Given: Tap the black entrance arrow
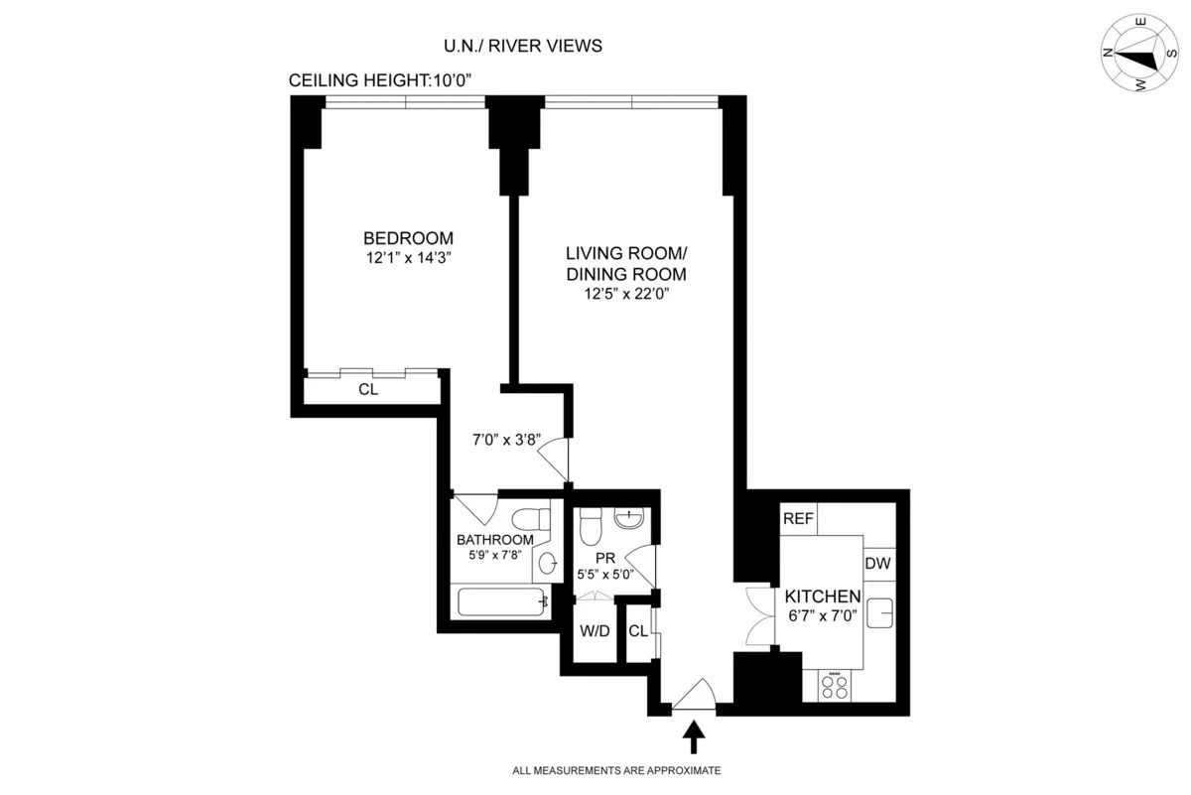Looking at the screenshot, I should [x=694, y=737].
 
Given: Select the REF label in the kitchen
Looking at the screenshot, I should [x=797, y=519].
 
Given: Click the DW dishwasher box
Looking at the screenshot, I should [x=877, y=564].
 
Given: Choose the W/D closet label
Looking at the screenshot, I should [x=594, y=631].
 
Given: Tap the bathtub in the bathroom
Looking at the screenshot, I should [x=500, y=601].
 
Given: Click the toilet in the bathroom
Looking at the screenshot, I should [x=530, y=517].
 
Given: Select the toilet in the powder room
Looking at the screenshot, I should [x=590, y=519].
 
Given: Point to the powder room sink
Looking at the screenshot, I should [x=629, y=517].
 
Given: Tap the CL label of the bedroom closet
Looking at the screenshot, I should [x=368, y=390].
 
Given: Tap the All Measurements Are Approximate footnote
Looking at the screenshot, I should [x=616, y=770].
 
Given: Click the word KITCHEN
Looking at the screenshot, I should [x=821, y=596].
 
